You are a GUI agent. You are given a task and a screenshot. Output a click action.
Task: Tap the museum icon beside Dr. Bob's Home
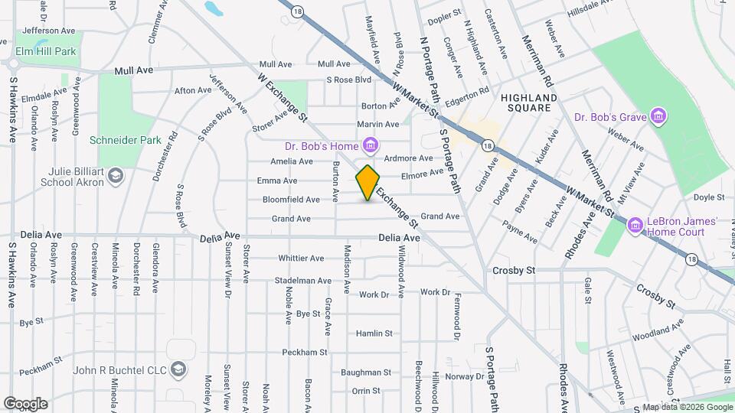click(371, 145)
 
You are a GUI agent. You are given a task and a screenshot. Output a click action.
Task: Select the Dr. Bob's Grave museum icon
click(658, 116)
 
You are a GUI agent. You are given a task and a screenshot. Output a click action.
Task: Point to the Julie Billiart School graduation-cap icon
click(115, 177)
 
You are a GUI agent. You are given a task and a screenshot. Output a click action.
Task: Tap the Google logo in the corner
click(25, 403)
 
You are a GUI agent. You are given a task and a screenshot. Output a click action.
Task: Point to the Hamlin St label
click(374, 333)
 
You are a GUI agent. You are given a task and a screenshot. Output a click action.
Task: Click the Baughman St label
click(367, 372)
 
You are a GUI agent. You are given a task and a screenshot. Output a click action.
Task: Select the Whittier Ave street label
click(302, 258)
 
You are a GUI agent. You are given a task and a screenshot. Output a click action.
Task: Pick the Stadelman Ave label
click(303, 281)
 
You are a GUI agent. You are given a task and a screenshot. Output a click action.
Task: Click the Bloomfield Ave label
click(291, 200)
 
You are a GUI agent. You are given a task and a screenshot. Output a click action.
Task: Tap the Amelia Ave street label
click(292, 161)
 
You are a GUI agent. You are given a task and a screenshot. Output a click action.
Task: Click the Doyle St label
click(703, 197)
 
